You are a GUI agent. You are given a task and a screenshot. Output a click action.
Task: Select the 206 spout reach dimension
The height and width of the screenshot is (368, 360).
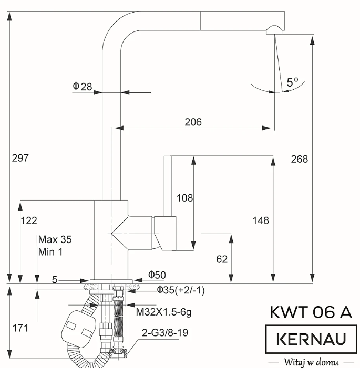(x=193, y=122)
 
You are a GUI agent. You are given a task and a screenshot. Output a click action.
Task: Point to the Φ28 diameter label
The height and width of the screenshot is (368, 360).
(x=82, y=86)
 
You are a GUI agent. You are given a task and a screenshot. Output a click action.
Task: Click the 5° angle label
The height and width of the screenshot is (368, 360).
(x=293, y=82)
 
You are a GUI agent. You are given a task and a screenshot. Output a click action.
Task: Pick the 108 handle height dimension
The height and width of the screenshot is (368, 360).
(x=184, y=198)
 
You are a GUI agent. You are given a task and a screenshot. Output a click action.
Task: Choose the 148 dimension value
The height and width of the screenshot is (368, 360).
(x=260, y=220)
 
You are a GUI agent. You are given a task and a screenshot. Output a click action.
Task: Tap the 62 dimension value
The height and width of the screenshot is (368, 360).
(x=222, y=259)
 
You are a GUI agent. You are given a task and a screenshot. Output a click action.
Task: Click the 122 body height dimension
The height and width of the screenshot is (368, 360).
(x=29, y=220)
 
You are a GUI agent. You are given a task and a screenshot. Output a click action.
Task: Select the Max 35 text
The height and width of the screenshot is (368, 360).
(x=55, y=240)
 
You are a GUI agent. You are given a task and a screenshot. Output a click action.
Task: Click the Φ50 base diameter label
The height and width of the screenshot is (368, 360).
(x=157, y=275)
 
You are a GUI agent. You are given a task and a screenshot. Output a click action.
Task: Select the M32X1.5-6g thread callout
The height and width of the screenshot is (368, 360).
(x=163, y=312)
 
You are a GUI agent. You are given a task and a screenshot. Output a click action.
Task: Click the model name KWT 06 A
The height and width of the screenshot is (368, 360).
(x=311, y=312)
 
